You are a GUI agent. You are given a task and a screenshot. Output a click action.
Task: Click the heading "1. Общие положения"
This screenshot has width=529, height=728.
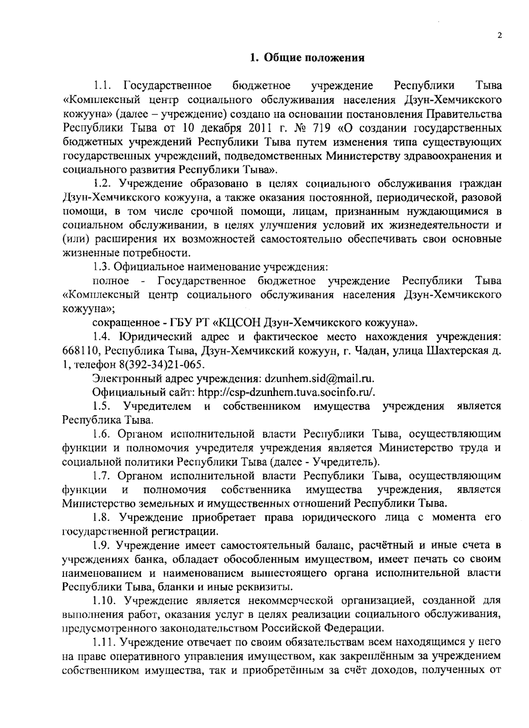click(x=307, y=58)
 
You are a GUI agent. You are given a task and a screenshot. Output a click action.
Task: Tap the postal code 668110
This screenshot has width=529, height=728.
click(x=79, y=351)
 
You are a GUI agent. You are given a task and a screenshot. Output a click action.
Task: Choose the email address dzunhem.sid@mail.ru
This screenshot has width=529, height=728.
click(x=319, y=378)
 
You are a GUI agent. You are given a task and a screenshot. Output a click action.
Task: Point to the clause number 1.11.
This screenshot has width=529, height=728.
click(x=105, y=642)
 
